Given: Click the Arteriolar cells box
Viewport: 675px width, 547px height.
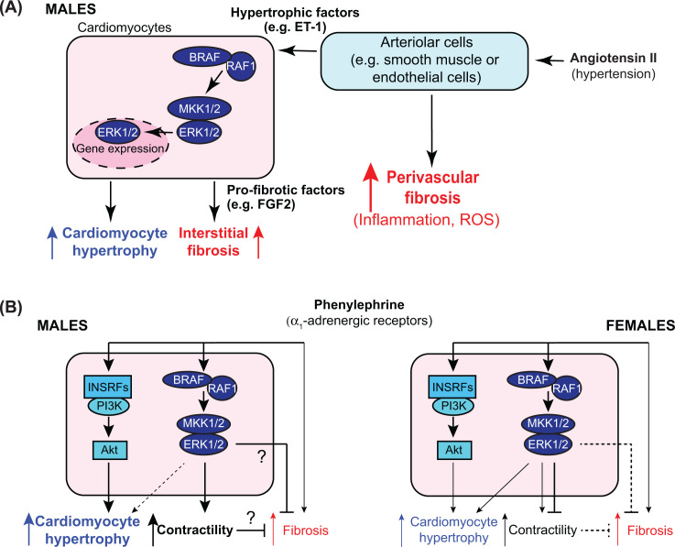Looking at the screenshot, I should pyautogui.click(x=421, y=60).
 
